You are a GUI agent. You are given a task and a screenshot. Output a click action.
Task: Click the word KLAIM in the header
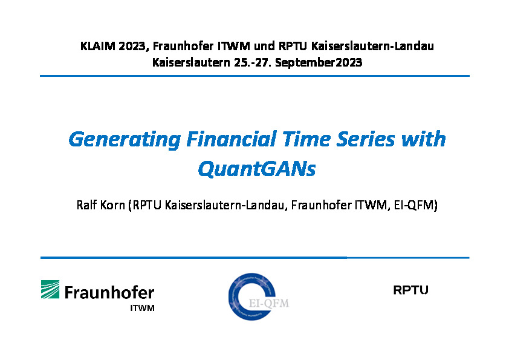98,46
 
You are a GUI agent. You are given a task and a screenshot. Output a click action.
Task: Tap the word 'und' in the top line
264,46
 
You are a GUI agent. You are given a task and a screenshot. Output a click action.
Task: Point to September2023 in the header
319,63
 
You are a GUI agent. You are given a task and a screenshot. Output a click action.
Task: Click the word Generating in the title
125,140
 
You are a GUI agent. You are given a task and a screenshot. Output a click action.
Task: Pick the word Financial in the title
232,139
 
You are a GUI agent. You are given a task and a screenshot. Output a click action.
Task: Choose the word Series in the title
365,139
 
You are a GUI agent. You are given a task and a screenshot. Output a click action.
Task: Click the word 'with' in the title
423,139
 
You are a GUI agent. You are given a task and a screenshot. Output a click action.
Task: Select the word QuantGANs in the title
257,169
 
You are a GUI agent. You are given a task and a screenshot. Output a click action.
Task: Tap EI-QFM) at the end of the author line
416,205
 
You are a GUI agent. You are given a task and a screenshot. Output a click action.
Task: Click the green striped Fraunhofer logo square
50,289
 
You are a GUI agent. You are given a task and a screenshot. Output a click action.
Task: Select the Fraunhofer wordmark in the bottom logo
109,292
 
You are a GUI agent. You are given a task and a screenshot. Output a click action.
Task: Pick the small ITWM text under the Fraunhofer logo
142,308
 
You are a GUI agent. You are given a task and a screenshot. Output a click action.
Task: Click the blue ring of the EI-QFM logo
231,297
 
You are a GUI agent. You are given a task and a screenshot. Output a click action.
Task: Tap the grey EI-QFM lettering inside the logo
269,304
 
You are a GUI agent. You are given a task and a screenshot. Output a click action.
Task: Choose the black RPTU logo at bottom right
410,290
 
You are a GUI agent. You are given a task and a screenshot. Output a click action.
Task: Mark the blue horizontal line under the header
255,76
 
